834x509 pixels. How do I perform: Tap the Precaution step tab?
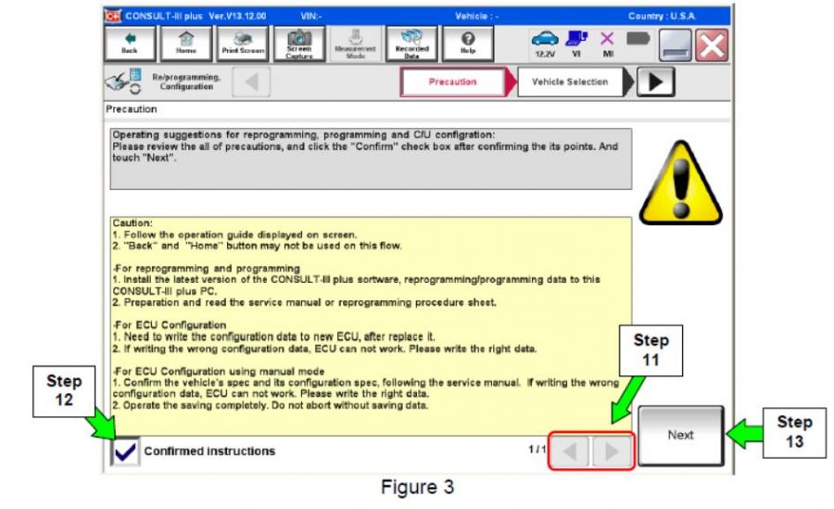tap(453, 82)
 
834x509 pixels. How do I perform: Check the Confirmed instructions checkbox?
tap(125, 452)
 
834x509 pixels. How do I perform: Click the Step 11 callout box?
tap(651, 349)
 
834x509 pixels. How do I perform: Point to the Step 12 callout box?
tap(64, 391)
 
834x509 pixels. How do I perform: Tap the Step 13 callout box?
tap(792, 432)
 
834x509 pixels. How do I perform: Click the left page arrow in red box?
tap(571, 452)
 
